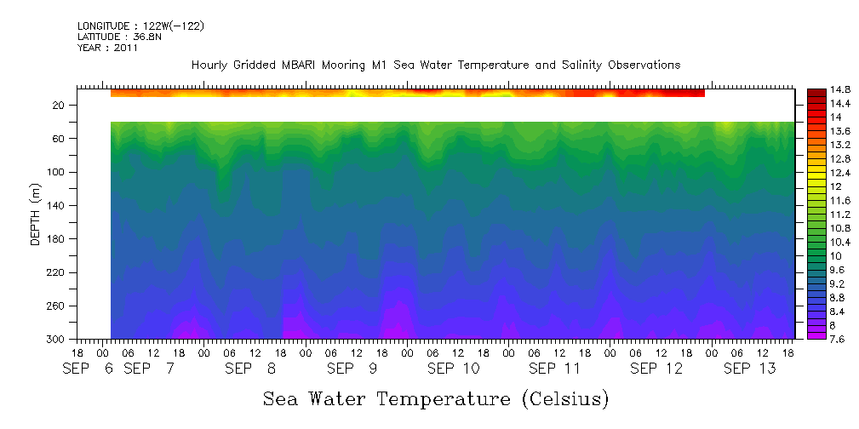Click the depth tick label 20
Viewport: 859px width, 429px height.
pos(60,105)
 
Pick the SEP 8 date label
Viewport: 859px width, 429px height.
pos(250,369)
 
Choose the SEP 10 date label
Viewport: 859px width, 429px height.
pos(453,369)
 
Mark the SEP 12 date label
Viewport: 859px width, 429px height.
pos(656,369)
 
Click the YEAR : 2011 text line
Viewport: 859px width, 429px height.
pos(107,49)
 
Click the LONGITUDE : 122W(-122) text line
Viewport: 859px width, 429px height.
pos(140,26)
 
